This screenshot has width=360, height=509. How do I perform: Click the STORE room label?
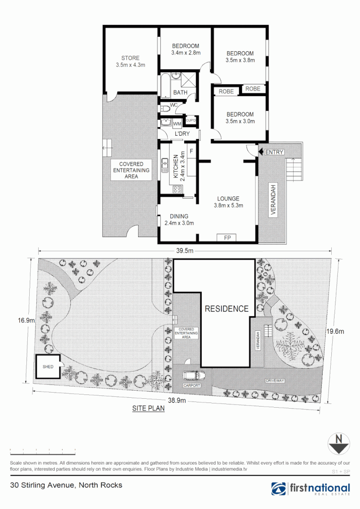point(130,58)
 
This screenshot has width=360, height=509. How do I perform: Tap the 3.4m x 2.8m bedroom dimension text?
point(185,53)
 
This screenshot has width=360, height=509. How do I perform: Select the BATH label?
point(180,92)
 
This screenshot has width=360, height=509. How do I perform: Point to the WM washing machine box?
point(177,124)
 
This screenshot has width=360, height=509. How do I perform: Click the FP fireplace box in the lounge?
point(227,238)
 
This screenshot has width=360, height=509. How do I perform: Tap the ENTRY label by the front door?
point(274,152)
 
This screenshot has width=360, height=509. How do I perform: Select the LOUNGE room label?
point(228,198)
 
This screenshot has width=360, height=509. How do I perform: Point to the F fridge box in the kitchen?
point(191,151)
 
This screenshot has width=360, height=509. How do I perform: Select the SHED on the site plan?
point(48,366)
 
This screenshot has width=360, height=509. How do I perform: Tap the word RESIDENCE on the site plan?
point(226,309)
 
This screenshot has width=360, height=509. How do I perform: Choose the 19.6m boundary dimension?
point(335,331)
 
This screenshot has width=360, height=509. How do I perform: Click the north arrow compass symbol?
point(338,444)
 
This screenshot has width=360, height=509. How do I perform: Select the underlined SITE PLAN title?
point(148,409)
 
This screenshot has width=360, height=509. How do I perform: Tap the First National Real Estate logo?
point(311,489)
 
